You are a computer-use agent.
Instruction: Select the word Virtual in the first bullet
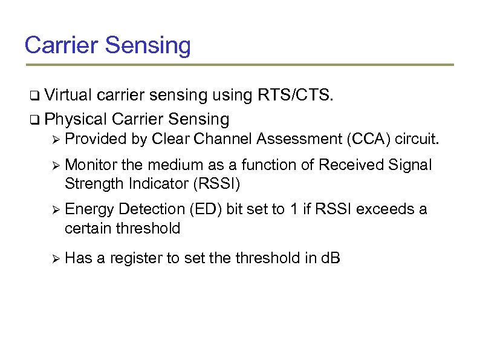[x=67, y=95]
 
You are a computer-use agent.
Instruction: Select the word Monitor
[x=91, y=165]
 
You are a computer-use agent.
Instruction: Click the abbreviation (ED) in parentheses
[x=206, y=209]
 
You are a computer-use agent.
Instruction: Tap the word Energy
[x=89, y=209]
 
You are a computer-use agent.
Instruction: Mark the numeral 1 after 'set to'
[x=293, y=209]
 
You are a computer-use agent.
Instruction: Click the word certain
[x=89, y=228]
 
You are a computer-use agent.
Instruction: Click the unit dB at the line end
[x=331, y=259]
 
